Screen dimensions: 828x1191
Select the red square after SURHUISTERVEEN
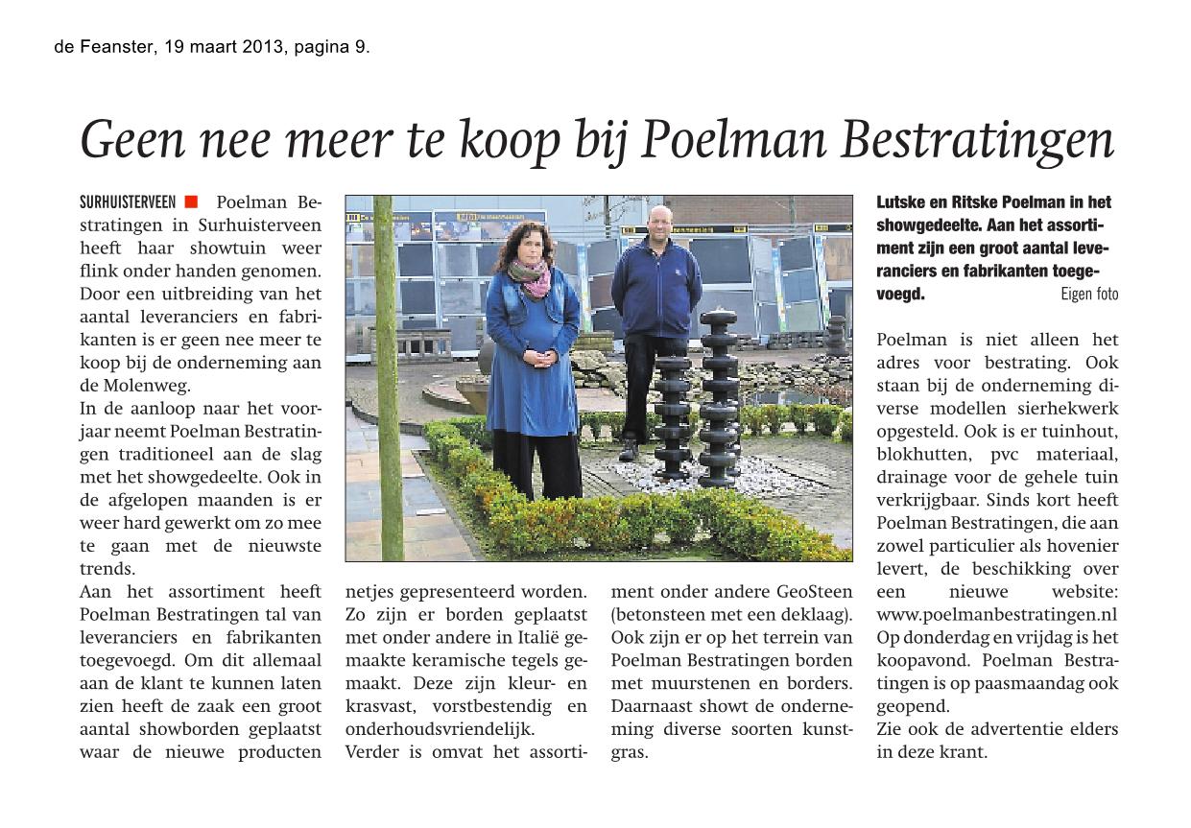coord(191,201)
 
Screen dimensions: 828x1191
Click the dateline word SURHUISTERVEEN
coord(128,202)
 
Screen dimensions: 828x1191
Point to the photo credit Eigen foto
coord(1089,295)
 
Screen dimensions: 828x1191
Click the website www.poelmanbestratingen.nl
coord(997,615)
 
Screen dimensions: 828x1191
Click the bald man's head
coord(658,220)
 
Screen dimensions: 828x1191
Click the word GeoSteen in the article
coord(814,592)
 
